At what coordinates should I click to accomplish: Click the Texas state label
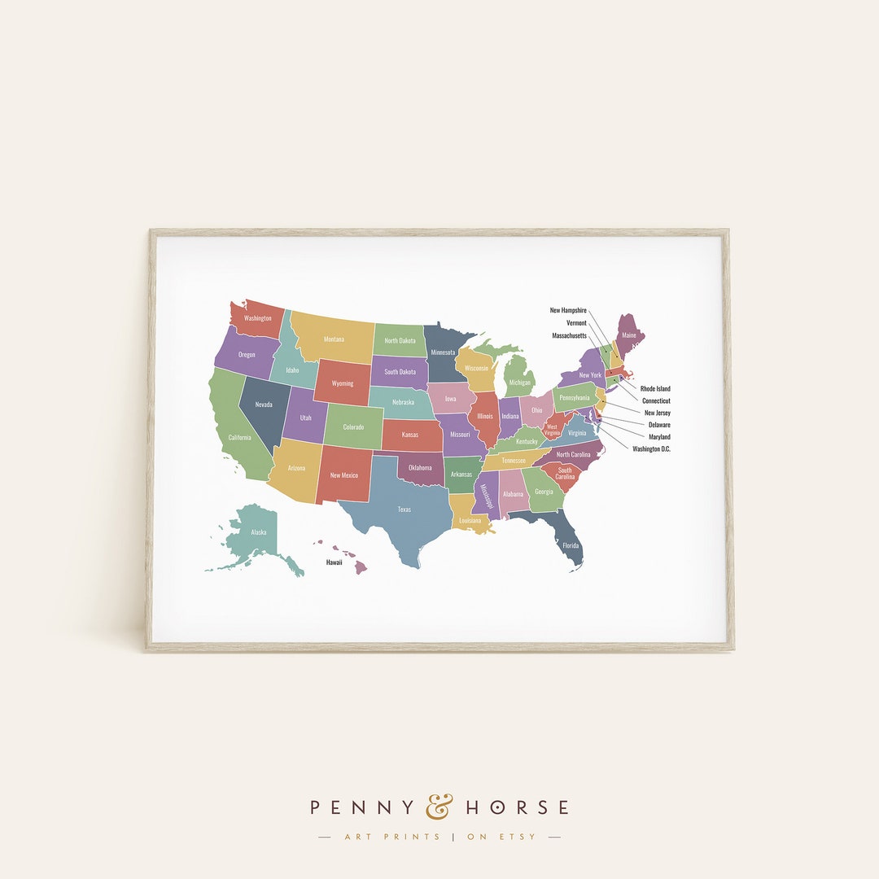pos(405,509)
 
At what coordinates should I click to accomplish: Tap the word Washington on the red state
pos(257,318)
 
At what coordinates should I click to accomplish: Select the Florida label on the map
pos(571,545)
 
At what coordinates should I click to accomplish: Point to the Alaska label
pos(258,532)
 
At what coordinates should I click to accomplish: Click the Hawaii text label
pos(335,562)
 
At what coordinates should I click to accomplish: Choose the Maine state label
pos(629,335)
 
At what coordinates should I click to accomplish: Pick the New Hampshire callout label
pos(568,310)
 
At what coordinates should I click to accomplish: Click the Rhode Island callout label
pos(655,389)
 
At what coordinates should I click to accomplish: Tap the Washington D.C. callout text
pos(651,449)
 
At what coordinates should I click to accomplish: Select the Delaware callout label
pos(659,425)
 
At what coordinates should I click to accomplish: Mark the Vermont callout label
pos(576,323)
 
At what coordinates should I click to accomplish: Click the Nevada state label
pos(264,405)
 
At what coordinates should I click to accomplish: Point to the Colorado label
pos(353,426)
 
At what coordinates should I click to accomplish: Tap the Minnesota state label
pos(444,352)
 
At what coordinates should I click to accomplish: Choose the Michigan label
pos(519,383)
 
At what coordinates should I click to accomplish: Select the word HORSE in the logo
pos(517,807)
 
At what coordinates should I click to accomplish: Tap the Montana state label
pos(334,339)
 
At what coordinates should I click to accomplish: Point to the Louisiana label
pos(470,520)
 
